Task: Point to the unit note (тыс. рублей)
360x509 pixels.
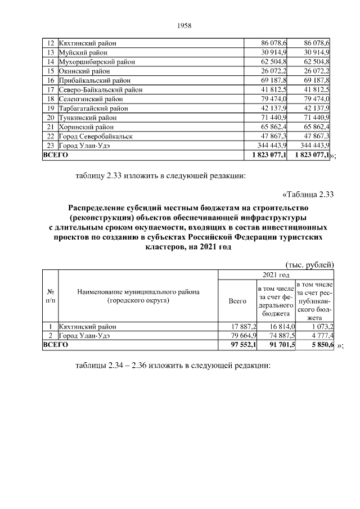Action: coord(308,265)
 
